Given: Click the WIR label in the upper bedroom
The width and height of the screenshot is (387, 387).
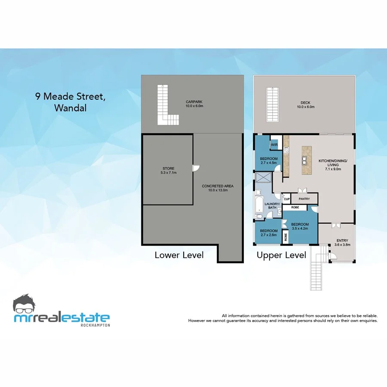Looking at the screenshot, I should pos(274,145).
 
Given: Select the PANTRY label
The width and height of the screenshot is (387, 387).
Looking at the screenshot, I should pos(304,199).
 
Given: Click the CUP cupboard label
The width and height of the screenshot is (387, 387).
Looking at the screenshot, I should pos(286,199).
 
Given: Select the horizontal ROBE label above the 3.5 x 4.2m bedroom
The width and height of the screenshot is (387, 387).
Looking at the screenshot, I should pos(295,207).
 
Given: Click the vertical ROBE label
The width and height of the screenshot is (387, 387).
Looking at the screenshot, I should pos(286,236).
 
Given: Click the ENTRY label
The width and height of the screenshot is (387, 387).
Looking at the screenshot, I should pos(342,241).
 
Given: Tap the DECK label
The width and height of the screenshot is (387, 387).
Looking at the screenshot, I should pos(305,103).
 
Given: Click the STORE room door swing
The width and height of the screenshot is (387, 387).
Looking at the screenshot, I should pos(196,168).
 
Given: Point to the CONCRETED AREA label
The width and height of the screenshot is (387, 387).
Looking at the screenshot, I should pos(218,186).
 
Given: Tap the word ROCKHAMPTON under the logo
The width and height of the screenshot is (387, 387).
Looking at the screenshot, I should pos(95,325).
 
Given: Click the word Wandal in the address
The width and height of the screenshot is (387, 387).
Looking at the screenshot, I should pos(70,108).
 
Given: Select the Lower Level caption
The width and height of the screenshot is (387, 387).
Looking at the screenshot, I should pos(179,255).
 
